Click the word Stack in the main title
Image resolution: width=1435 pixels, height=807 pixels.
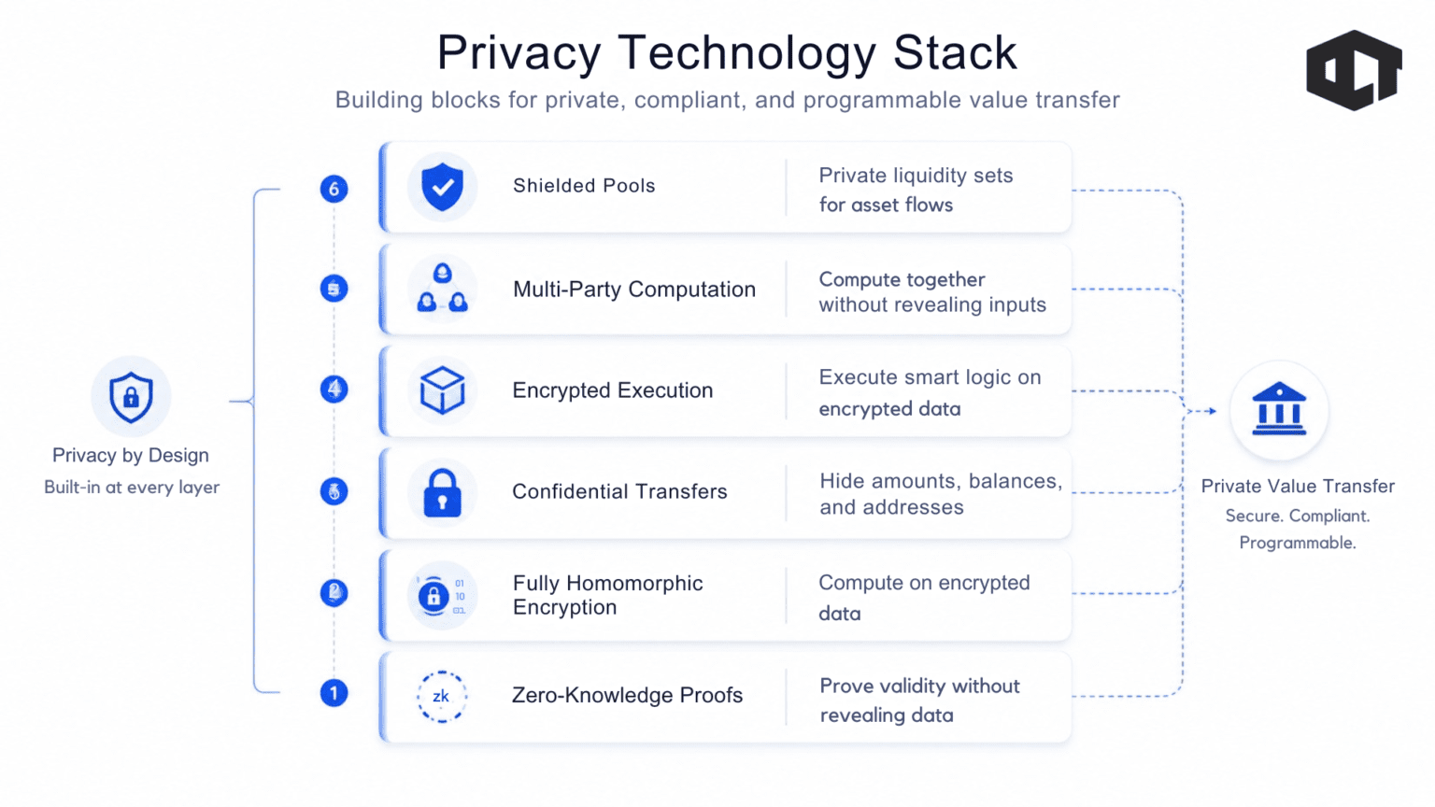point(955,52)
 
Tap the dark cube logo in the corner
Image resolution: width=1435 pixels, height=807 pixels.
point(1354,70)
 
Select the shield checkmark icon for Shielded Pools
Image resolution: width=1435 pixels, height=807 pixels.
point(442,187)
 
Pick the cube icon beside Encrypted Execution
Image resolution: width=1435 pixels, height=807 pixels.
point(442,389)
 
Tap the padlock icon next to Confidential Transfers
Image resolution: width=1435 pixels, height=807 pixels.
point(442,492)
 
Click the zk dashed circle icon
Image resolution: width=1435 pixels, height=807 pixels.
point(442,696)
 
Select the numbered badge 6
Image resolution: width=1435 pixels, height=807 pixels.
point(334,189)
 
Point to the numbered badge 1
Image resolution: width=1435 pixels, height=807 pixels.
point(334,693)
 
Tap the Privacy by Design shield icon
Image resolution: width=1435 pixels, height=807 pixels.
point(132,397)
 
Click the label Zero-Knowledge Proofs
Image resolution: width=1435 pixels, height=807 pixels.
point(627,695)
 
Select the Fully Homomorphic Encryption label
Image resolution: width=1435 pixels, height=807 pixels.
point(607,595)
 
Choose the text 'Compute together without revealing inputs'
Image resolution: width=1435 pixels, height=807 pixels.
point(932,292)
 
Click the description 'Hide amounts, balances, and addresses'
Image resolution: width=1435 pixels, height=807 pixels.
point(941,494)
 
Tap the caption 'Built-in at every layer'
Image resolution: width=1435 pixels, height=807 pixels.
point(132,488)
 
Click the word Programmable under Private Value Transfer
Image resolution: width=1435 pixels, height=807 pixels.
point(1298,543)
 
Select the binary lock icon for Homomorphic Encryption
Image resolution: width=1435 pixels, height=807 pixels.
point(442,595)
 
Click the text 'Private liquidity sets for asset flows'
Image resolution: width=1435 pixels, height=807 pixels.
point(916,190)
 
